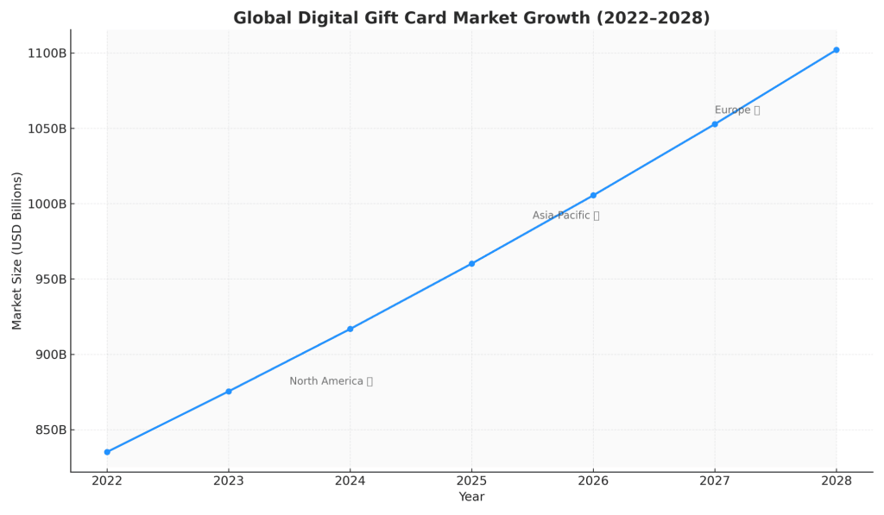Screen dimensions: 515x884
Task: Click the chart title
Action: click(471, 18)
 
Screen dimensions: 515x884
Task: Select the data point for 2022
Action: click(107, 452)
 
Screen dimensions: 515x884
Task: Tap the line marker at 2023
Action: click(229, 392)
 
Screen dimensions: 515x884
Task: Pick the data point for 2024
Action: click(350, 329)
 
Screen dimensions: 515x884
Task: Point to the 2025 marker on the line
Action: click(471, 264)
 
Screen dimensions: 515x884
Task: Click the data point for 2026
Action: click(593, 195)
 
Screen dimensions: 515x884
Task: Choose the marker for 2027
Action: click(715, 124)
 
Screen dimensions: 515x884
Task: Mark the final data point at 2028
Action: click(836, 50)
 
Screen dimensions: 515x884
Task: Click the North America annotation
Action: click(331, 381)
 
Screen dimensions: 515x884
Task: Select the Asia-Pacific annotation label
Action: click(565, 216)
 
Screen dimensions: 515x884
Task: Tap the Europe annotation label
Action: click(736, 110)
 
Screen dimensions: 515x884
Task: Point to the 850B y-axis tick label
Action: click(45, 430)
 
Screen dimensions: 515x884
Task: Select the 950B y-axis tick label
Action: click(45, 279)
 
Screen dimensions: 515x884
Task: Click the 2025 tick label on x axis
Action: click(471, 480)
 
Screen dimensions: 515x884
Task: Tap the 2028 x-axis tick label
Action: click(836, 480)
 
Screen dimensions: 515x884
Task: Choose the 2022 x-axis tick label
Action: click(107, 480)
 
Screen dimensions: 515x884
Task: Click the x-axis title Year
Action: click(471, 498)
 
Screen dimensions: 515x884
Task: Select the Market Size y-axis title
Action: click(17, 250)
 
